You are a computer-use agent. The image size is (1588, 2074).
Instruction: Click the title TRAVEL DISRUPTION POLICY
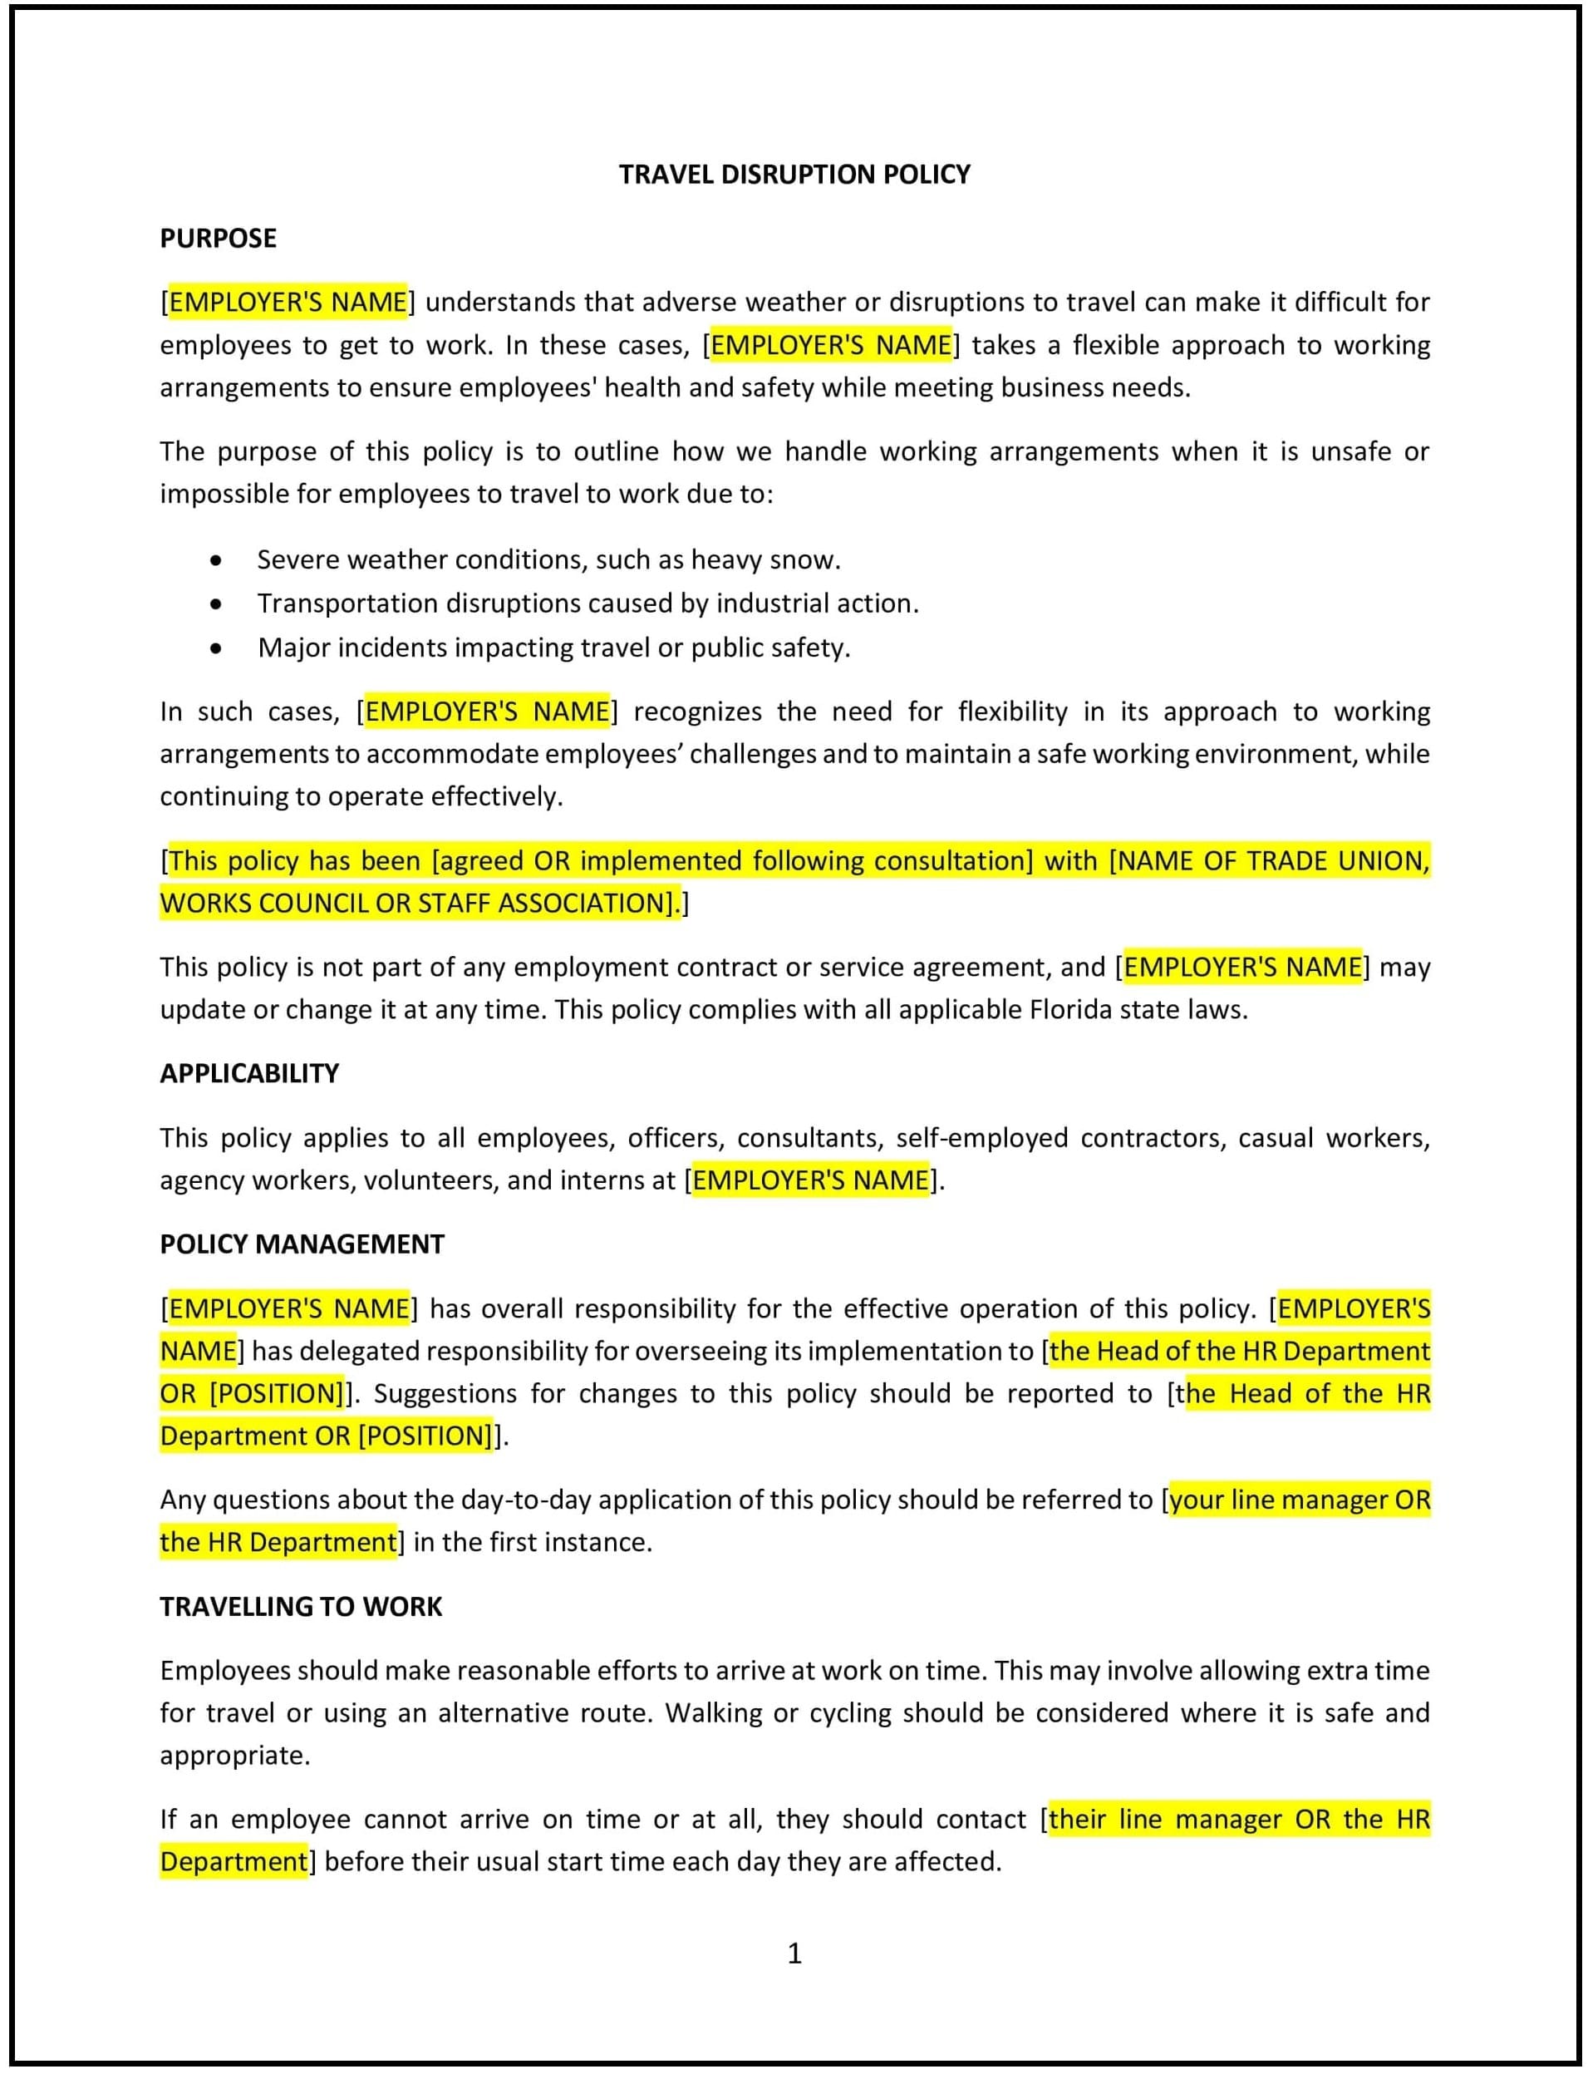[x=794, y=174]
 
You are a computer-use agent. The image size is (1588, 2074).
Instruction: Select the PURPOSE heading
[x=218, y=239]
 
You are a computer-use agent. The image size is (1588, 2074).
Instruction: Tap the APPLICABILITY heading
[x=248, y=1073]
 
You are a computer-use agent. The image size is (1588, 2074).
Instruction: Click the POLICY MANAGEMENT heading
[x=302, y=1244]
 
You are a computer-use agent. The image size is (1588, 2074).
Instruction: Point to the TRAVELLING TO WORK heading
[x=301, y=1606]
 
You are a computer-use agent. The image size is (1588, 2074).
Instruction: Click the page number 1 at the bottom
[x=794, y=1952]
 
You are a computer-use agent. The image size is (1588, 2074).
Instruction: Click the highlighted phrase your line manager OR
[x=1300, y=1500]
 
